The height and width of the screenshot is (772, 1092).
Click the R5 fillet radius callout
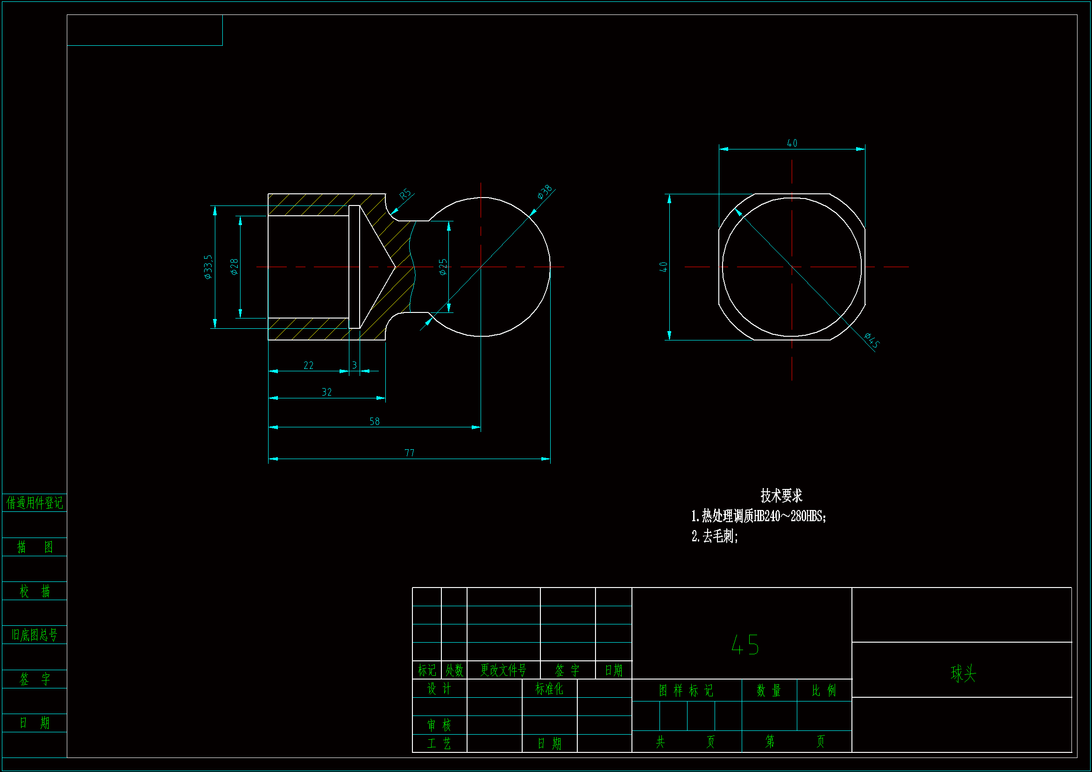coord(405,194)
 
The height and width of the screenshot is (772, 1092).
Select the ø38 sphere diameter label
coord(545,191)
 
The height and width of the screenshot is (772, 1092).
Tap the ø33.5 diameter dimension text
coord(208,267)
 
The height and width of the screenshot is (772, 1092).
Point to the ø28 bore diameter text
coord(234,267)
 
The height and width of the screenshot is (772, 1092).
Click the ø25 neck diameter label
coord(443,267)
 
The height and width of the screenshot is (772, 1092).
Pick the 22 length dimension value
coord(308,365)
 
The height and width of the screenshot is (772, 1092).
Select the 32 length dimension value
coord(326,392)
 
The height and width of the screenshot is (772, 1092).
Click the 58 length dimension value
coord(374,421)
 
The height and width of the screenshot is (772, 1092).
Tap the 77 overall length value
coord(409,453)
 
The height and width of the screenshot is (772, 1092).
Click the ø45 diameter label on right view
coord(872,340)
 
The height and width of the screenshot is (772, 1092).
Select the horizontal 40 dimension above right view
coord(792,143)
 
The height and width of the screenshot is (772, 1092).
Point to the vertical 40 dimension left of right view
coord(664,267)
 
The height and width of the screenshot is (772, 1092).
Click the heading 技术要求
coord(781,496)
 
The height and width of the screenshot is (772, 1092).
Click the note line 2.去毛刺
coord(714,537)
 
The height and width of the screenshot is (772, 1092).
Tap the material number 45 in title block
coord(745,645)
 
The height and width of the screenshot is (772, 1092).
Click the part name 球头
coord(963,673)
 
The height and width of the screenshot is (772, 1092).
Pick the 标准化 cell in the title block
coord(549,689)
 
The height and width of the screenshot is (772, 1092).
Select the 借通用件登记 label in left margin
coord(34,503)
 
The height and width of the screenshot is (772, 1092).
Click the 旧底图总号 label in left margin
coord(34,635)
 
